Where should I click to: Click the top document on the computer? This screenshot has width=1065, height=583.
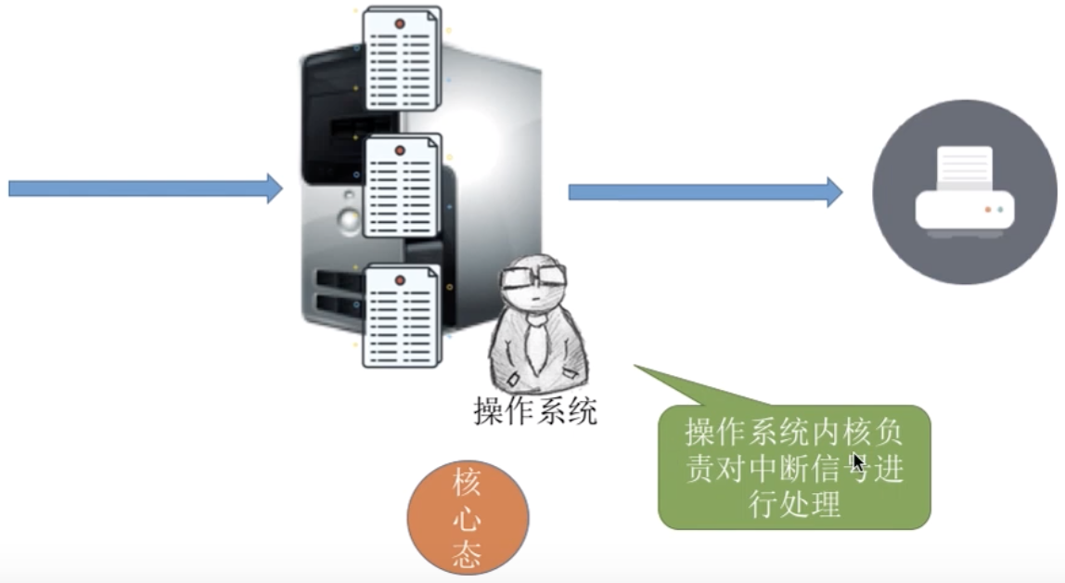[402, 58]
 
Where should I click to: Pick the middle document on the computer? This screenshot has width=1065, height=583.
[402, 186]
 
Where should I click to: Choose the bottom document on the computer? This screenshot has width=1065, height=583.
[401, 315]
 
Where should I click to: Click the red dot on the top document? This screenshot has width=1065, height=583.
[400, 22]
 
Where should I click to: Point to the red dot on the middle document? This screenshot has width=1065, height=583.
[400, 150]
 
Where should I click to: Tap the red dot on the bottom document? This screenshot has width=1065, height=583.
[400, 279]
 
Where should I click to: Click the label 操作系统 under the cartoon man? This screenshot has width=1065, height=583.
[535, 409]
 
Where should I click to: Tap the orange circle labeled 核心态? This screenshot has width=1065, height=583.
[468, 517]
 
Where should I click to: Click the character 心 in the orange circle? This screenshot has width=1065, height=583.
[467, 518]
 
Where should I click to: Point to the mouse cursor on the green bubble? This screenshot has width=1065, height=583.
[858, 462]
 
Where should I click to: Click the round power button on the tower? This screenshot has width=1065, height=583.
[348, 220]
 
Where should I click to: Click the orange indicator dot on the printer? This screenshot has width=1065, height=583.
[988, 209]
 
